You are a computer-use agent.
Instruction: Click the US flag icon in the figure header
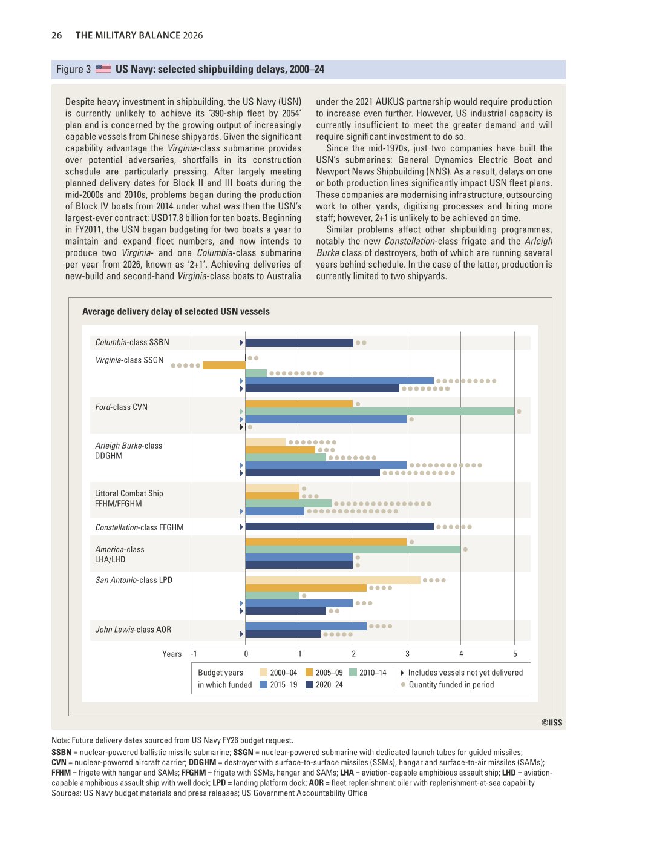pyautogui.click(x=103, y=69)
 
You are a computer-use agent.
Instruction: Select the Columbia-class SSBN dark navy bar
pyautogui.click(x=299, y=343)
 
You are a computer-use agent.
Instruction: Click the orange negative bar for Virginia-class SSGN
pyautogui.click(x=224, y=366)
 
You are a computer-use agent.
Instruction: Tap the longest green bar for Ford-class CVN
pyautogui.click(x=380, y=411)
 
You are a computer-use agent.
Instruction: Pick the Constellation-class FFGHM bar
pyautogui.click(x=339, y=527)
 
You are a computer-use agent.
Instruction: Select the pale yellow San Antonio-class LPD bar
pyautogui.click(x=333, y=580)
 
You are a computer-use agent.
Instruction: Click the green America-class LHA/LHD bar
pyautogui.click(x=353, y=550)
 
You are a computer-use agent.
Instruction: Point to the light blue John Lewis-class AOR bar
pyautogui.click(x=306, y=627)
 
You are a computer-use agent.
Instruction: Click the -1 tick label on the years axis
pyautogui.click(x=194, y=654)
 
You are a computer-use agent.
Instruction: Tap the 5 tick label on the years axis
pyautogui.click(x=515, y=654)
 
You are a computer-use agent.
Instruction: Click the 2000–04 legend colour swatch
pyautogui.click(x=263, y=672)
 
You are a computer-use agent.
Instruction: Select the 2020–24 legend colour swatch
pyautogui.click(x=309, y=684)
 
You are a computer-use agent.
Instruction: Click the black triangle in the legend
pyautogui.click(x=402, y=673)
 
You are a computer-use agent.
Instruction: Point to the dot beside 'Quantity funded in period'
pyautogui.click(x=403, y=684)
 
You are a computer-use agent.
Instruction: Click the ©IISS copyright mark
pyautogui.click(x=552, y=722)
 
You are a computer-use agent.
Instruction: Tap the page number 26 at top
pyautogui.click(x=57, y=35)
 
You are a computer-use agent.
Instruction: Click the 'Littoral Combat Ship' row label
pyautogui.click(x=129, y=493)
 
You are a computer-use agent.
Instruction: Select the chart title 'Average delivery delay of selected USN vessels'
pyautogui.click(x=176, y=311)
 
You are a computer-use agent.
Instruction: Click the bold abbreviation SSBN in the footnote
pyautogui.click(x=61, y=753)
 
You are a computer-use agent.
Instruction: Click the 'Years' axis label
pyautogui.click(x=171, y=654)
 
